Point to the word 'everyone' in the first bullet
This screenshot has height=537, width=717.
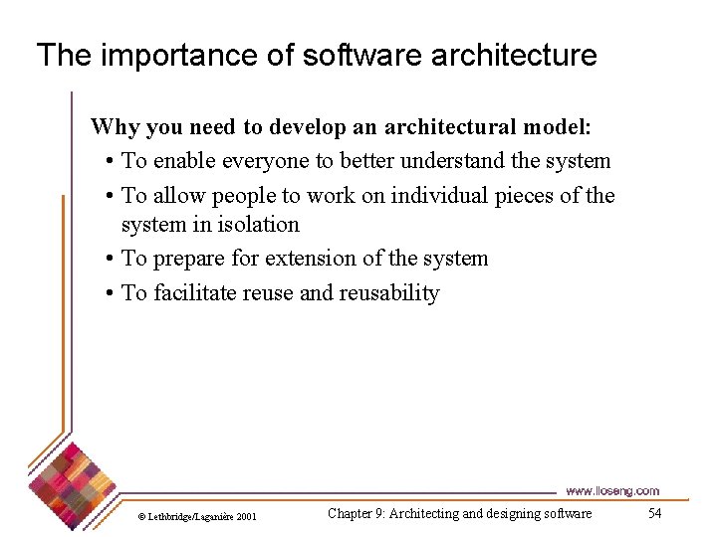pyautogui.click(x=274, y=161)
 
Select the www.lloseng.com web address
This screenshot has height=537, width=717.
pyautogui.click(x=611, y=490)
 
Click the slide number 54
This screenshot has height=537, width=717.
pyautogui.click(x=654, y=513)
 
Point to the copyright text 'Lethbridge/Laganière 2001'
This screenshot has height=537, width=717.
pyautogui.click(x=202, y=516)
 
